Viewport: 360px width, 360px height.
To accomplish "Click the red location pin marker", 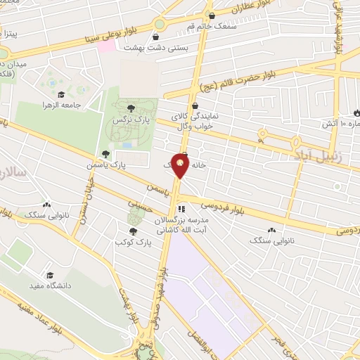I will [x=181, y=166].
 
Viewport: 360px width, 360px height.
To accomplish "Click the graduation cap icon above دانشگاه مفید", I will [x=49, y=275].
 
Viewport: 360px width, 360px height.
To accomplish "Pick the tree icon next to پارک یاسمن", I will [x=106, y=154].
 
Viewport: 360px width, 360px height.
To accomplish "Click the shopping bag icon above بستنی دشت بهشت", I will [x=156, y=37].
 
